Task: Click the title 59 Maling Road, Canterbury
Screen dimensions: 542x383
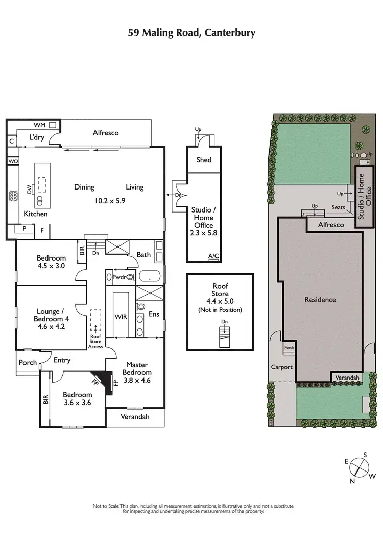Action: pos(192,33)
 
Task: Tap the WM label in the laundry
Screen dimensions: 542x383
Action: pos(40,125)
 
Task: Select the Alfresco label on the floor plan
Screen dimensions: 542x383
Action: pos(106,133)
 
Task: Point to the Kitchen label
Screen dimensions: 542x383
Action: pos(36,214)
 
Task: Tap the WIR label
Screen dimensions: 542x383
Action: pos(121,317)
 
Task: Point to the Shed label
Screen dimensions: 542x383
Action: pos(204,160)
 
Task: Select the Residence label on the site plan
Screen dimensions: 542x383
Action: pos(320,300)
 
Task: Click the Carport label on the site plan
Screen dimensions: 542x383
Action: pos(281,367)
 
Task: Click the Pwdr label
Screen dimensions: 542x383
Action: pos(119,277)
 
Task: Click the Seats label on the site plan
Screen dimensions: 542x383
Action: pos(338,207)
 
